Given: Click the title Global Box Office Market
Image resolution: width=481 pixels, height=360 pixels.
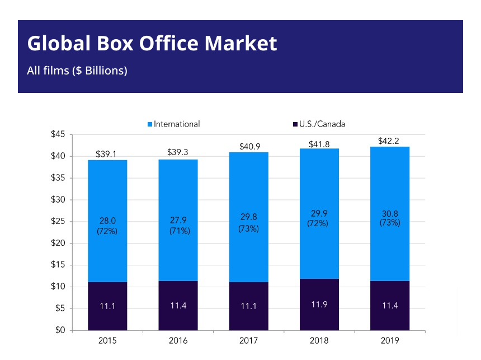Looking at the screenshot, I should click(x=152, y=44).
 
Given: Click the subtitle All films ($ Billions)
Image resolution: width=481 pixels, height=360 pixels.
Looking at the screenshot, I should click(x=77, y=71).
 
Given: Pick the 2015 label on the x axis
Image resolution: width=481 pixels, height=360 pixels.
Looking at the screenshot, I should click(x=107, y=340).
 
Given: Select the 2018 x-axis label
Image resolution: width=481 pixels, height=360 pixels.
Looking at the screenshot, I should click(x=319, y=340).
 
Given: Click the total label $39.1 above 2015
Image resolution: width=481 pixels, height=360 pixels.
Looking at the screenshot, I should click(x=106, y=153).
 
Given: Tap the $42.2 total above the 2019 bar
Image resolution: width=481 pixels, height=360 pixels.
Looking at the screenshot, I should click(x=390, y=141).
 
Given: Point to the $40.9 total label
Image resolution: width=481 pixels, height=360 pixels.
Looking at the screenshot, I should click(x=249, y=146).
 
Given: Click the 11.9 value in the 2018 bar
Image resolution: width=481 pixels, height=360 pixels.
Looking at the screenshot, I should click(x=319, y=305).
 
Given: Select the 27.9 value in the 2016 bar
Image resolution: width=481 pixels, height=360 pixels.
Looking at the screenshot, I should click(x=178, y=220).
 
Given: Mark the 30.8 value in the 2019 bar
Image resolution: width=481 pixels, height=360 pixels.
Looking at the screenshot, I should click(x=390, y=213).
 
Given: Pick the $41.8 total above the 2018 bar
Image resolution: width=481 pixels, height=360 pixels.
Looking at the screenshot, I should click(x=319, y=144).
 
